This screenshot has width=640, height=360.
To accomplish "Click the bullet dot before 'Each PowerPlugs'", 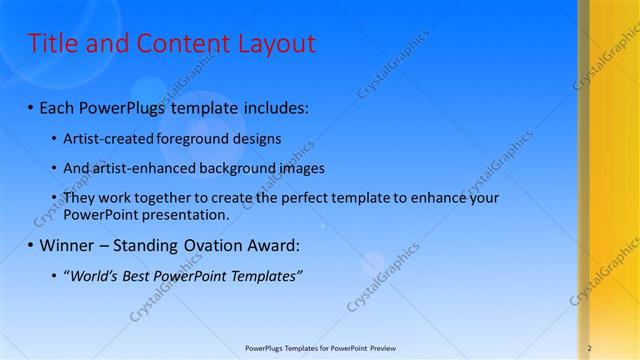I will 31,106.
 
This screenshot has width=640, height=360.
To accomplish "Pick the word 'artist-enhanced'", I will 143,168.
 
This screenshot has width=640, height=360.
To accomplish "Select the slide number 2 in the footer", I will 590,348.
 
